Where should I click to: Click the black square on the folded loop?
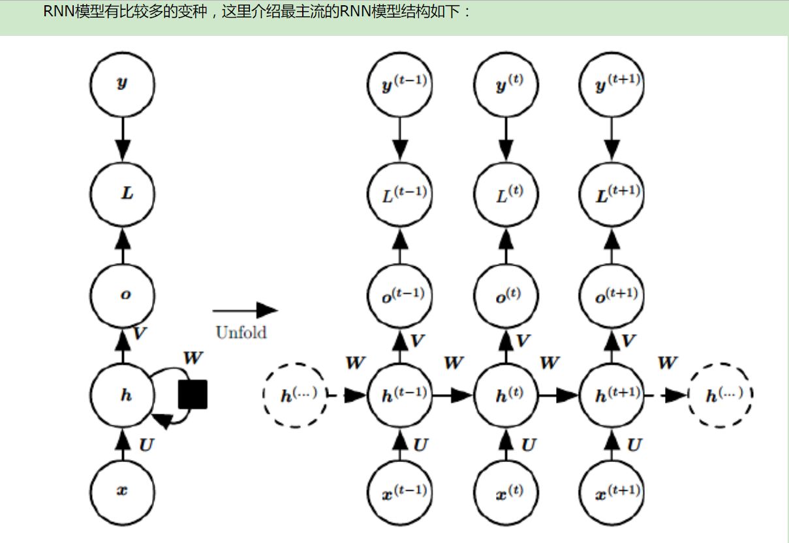point(193,394)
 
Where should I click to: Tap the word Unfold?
point(241,332)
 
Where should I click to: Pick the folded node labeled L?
point(123,193)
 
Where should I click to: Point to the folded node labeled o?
point(123,294)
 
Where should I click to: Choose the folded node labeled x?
point(123,489)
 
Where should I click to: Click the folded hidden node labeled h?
point(123,396)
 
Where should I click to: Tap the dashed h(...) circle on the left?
point(294,396)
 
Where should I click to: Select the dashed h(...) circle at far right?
point(721,396)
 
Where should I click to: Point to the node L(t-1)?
point(399,193)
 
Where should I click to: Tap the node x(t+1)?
point(611,489)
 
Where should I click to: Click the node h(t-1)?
point(399,396)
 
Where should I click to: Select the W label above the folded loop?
point(193,357)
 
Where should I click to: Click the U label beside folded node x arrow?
point(147,445)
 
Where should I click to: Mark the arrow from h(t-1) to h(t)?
point(452,396)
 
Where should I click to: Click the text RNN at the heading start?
point(58,12)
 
